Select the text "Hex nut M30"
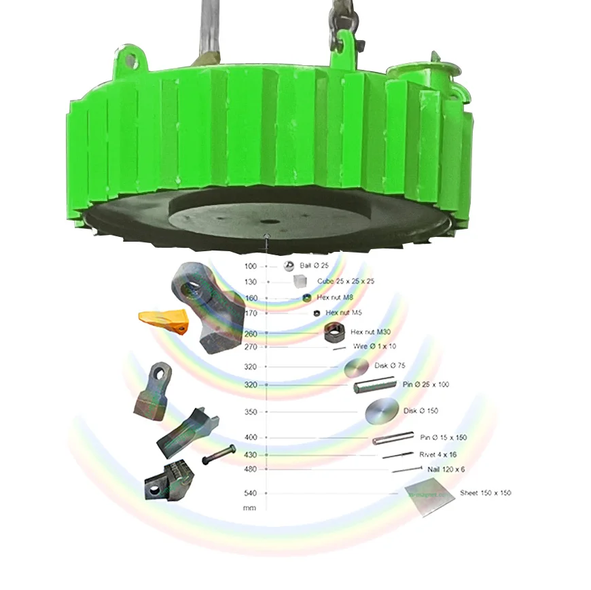click(x=370, y=332)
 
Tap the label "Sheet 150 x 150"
click(x=485, y=493)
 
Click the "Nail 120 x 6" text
click(x=446, y=469)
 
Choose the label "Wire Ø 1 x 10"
click(x=375, y=346)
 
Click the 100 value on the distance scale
click(x=251, y=266)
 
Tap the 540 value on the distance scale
click(x=251, y=493)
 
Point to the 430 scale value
click(x=251, y=455)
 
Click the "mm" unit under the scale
click(x=250, y=508)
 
